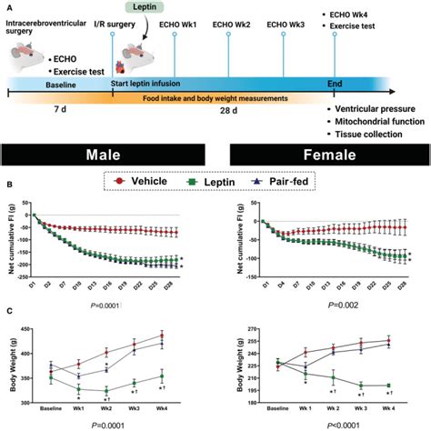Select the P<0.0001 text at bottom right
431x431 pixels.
(x=323, y=425)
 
